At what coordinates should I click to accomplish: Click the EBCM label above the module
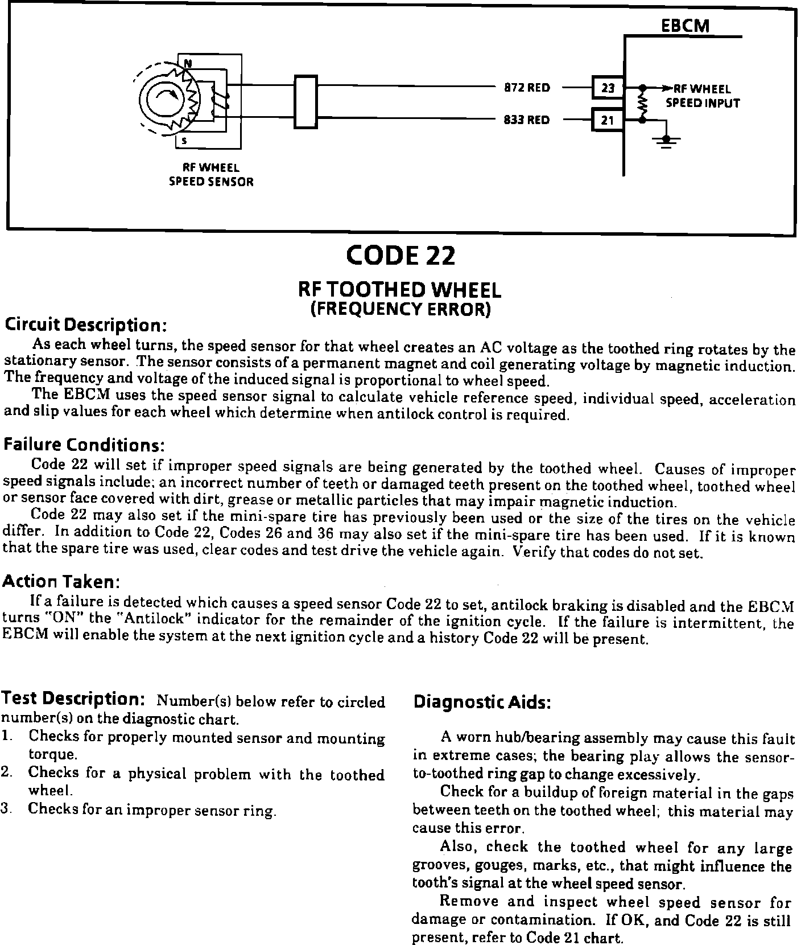point(685,26)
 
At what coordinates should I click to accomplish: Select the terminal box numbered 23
point(608,88)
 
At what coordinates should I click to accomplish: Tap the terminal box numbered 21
point(608,120)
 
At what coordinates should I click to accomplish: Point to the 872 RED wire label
point(527,88)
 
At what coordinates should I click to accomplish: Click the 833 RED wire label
point(527,120)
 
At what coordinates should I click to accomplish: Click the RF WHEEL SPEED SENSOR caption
point(210,175)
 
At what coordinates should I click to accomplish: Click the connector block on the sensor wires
point(305,103)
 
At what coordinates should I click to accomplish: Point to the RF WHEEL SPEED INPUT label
point(703,96)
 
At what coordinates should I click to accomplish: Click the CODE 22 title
point(400,256)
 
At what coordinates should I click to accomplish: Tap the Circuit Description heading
point(85,325)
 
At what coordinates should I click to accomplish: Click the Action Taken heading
point(61,581)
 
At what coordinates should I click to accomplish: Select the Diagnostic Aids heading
point(482,702)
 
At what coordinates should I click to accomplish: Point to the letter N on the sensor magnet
point(186,63)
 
